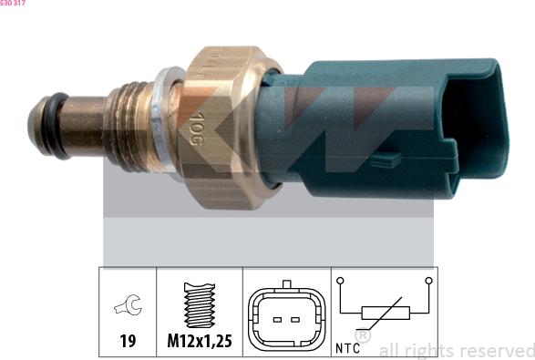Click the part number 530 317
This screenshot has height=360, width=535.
(13, 4)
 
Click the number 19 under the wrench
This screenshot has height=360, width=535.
(128, 342)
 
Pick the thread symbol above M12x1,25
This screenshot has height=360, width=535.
(199, 305)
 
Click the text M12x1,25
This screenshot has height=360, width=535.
(199, 342)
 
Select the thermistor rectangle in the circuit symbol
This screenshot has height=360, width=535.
(384, 314)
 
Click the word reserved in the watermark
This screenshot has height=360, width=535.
(496, 350)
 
